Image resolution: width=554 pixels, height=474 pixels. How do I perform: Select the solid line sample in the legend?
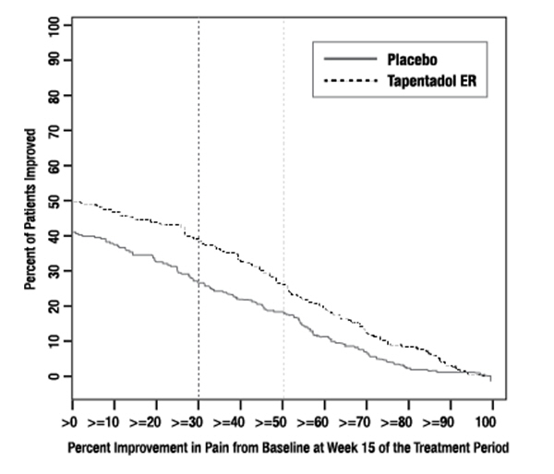tap(350, 59)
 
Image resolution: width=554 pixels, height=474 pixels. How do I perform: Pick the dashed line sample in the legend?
tap(350, 81)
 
